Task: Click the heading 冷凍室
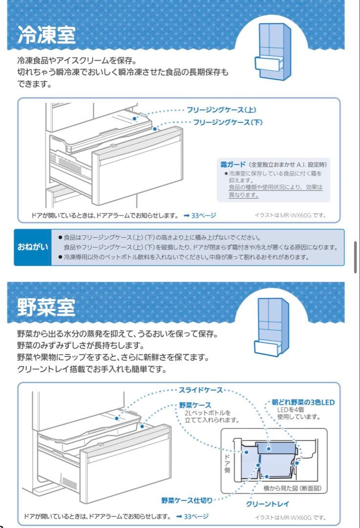(46, 35)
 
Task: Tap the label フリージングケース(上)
(221, 110)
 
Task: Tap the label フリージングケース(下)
(228, 122)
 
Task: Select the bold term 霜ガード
(233, 164)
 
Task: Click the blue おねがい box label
(33, 247)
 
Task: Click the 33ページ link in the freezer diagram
(200, 215)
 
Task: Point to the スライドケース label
(200, 390)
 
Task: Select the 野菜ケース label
(195, 405)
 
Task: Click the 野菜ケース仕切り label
(187, 500)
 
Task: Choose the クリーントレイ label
(268, 504)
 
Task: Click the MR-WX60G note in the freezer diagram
(290, 215)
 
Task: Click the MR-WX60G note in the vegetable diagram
(290, 517)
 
